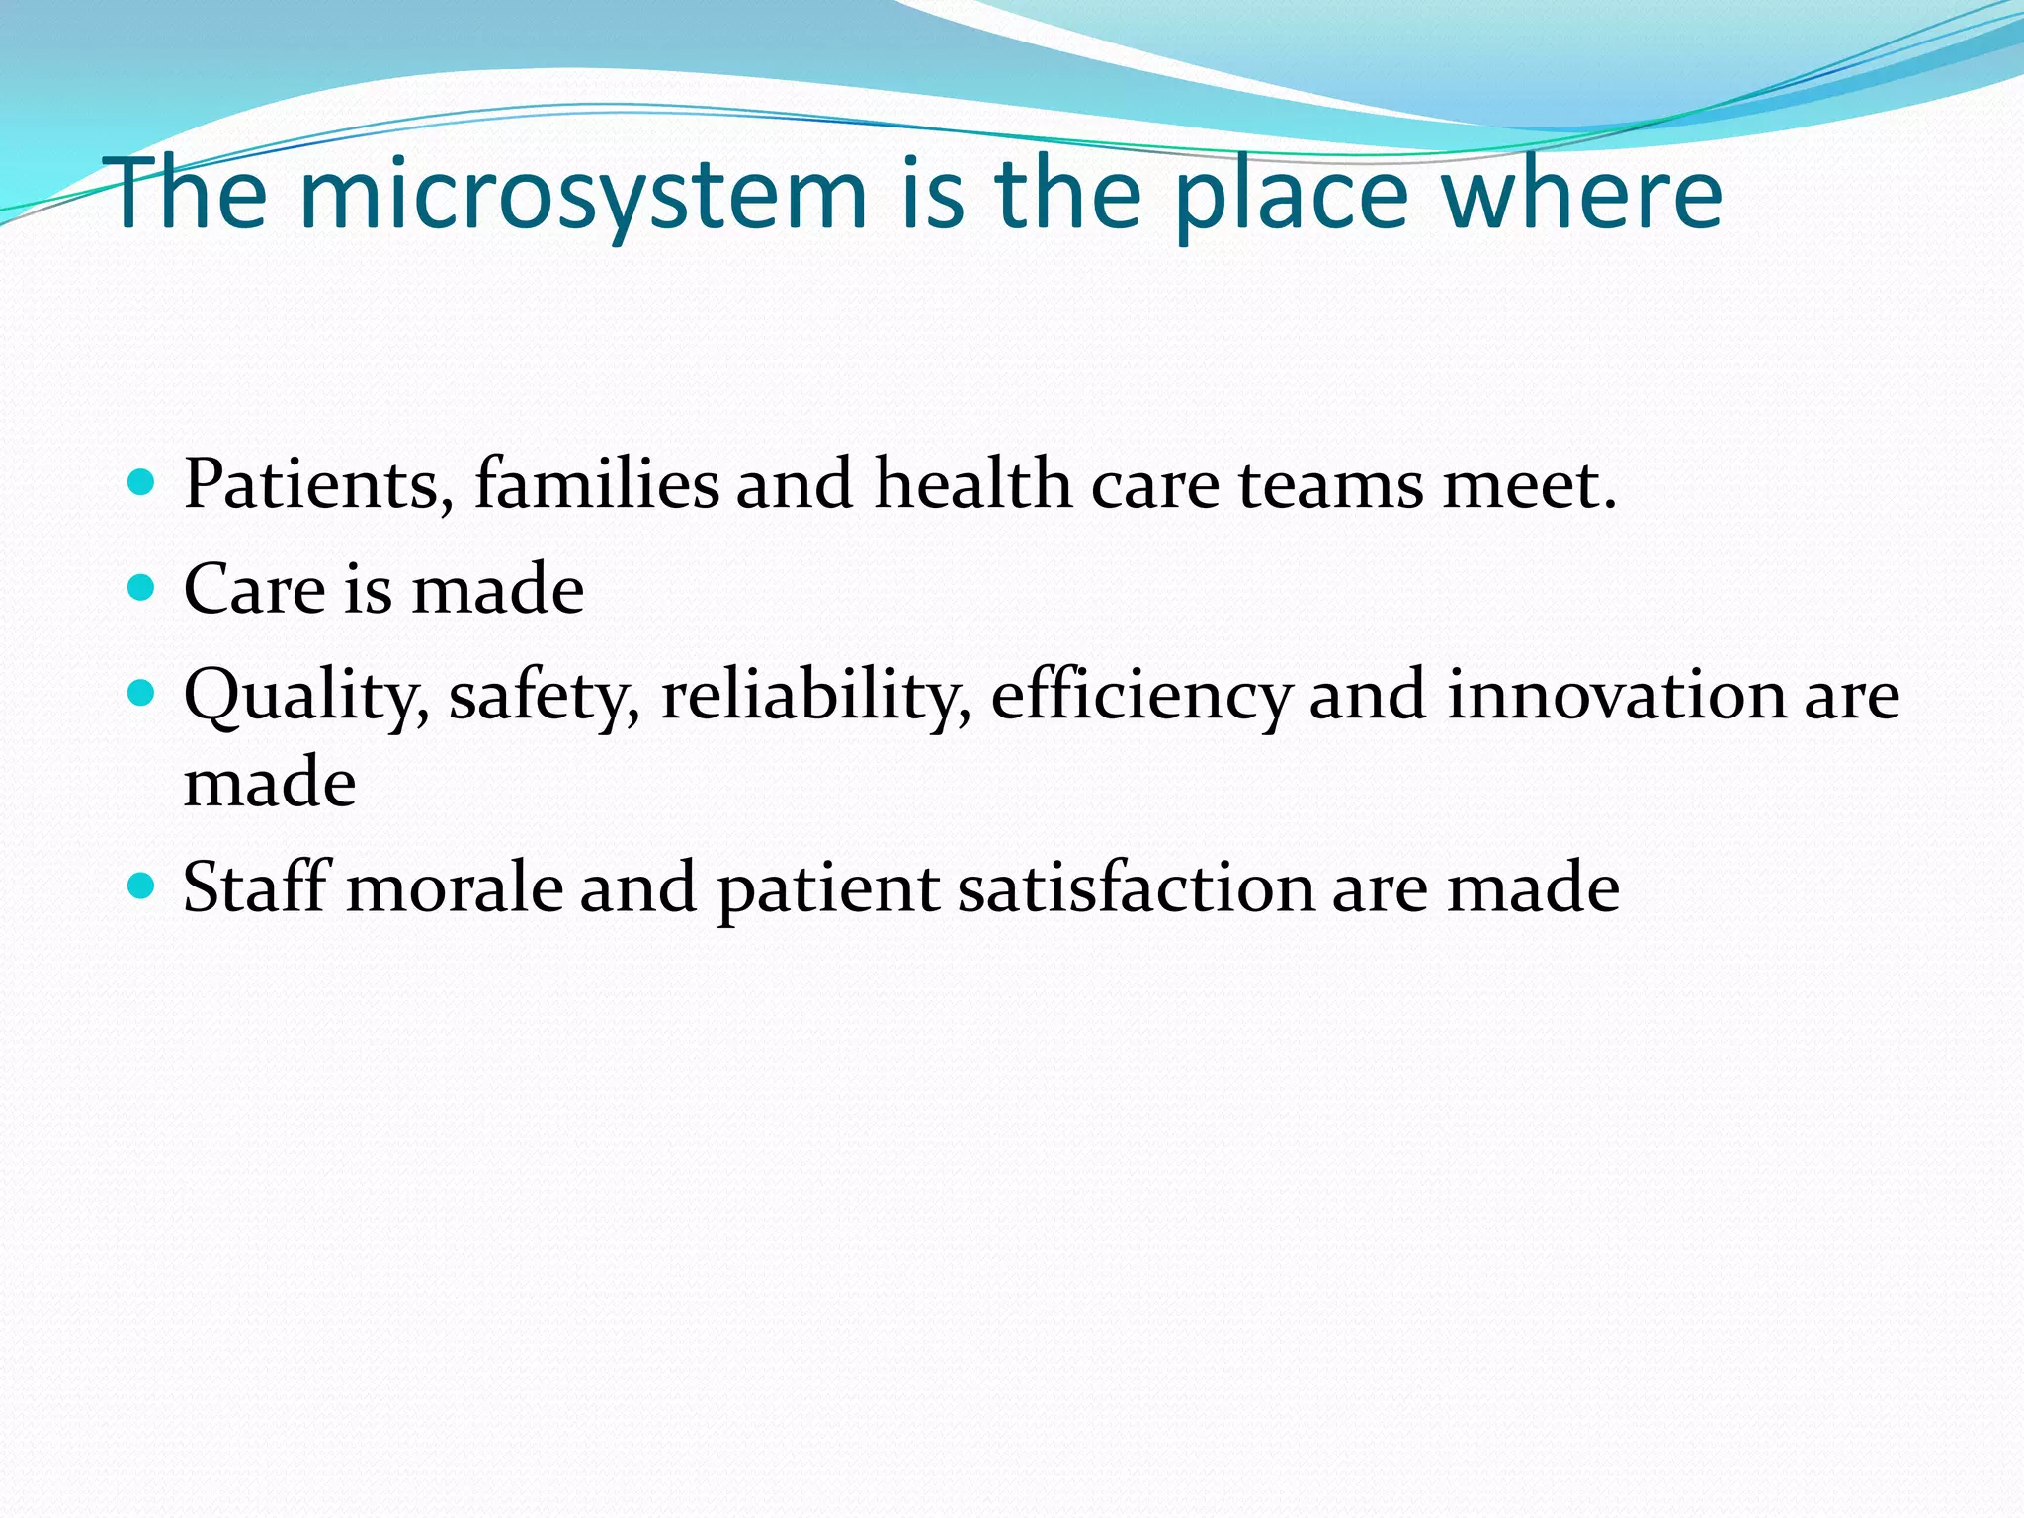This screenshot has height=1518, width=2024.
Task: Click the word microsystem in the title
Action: coord(583,195)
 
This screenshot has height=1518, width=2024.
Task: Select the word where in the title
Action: coord(1582,195)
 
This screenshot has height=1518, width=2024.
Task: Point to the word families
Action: coord(597,484)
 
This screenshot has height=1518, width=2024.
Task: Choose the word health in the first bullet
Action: coord(972,484)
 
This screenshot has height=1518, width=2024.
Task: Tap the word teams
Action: coord(1331,484)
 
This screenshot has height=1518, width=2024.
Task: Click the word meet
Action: coord(1528,484)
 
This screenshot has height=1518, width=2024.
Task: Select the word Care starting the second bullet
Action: coord(254,589)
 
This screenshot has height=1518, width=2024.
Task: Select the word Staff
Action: coord(256,886)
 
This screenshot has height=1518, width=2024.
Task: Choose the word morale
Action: coord(454,886)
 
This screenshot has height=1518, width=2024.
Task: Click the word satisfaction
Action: coord(1136,886)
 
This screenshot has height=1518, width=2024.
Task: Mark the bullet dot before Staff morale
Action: coord(142,885)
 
